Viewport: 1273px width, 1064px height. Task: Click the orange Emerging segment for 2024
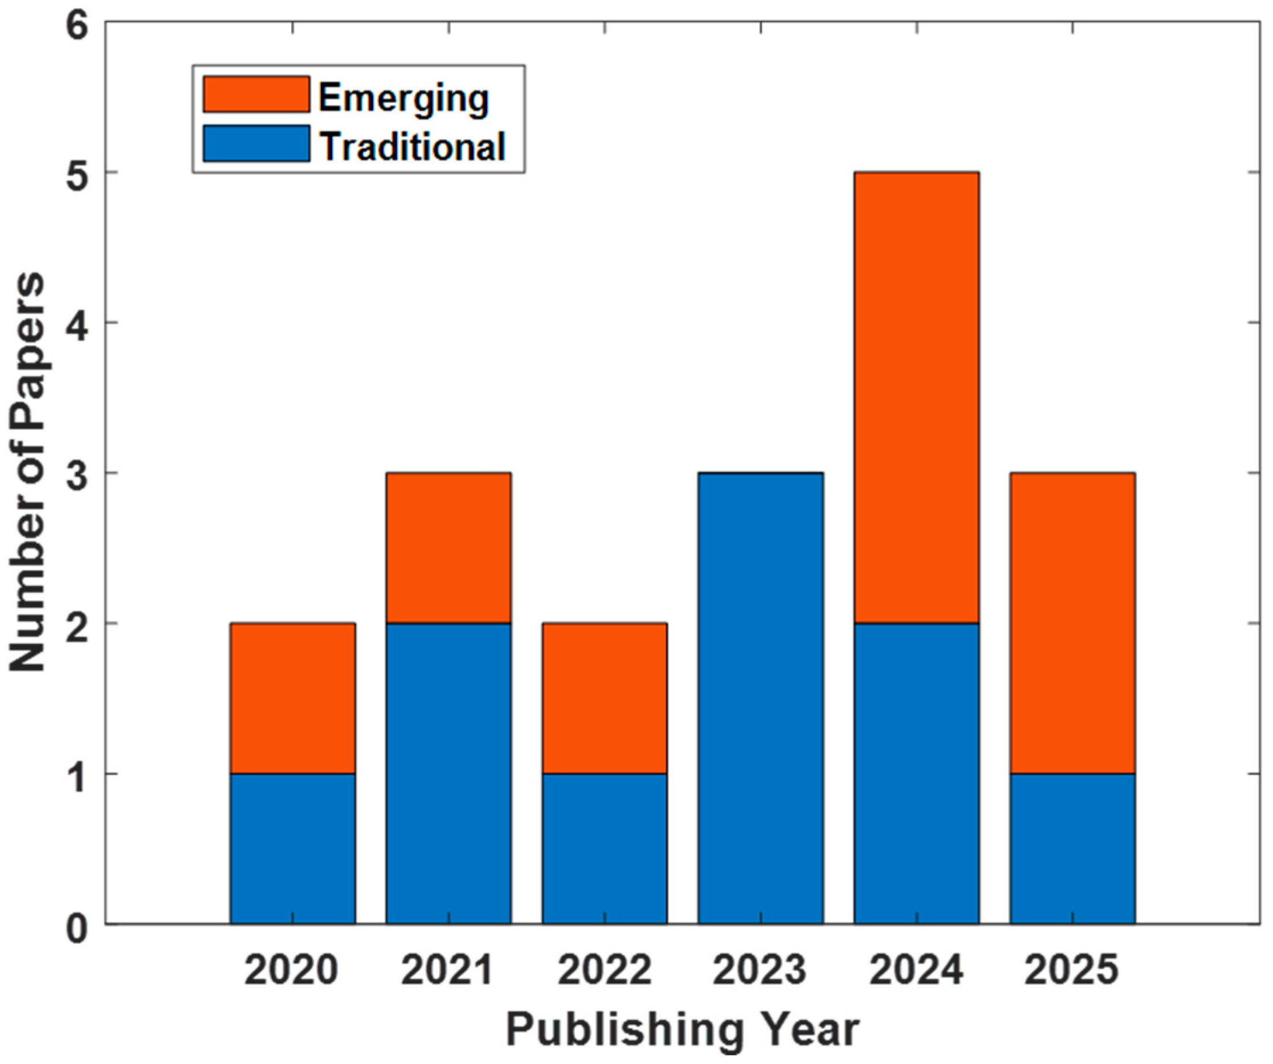916,398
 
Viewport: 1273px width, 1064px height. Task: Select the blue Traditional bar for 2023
760,698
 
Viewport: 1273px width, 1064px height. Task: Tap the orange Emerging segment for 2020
292,698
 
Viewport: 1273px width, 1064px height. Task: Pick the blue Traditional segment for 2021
448,773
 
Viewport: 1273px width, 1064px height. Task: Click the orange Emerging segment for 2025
1072,623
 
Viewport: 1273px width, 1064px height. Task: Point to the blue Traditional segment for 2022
605,848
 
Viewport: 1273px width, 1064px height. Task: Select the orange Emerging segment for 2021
448,548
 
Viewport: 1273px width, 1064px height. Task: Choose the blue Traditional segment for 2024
916,773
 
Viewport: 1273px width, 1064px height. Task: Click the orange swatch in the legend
256,94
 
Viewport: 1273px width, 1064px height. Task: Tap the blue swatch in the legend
256,144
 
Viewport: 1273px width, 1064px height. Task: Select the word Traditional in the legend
412,146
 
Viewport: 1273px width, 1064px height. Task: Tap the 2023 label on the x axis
760,971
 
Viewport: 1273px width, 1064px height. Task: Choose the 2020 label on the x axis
292,971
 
